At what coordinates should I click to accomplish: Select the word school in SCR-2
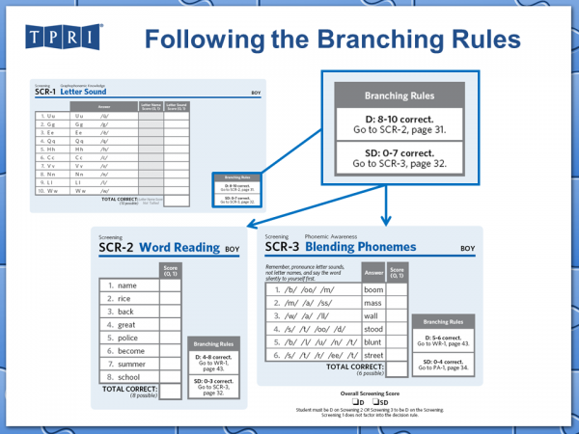click(x=128, y=377)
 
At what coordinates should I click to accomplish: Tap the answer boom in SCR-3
click(x=372, y=289)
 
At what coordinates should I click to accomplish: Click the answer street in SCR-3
click(x=373, y=354)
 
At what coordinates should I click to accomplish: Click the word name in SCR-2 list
click(x=127, y=286)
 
